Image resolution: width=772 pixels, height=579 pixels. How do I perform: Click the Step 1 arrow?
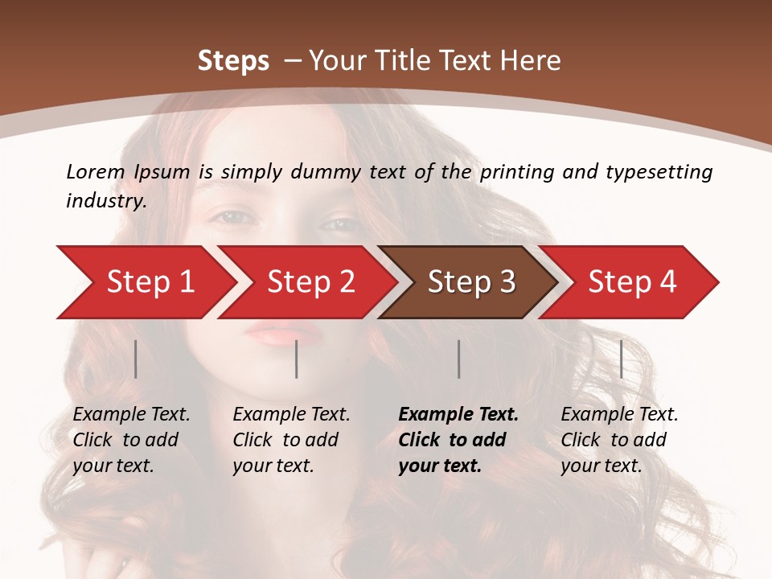click(x=145, y=282)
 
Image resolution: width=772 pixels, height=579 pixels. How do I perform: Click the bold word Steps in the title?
click(x=233, y=61)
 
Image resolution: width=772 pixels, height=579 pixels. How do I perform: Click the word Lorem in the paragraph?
click(x=96, y=171)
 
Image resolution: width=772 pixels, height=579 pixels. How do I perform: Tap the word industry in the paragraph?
click(x=105, y=200)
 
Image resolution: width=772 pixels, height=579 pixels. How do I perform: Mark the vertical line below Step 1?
click(x=136, y=359)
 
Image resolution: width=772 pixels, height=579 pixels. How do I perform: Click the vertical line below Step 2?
click(x=297, y=359)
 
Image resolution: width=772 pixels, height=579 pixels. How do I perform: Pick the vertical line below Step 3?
click(x=458, y=359)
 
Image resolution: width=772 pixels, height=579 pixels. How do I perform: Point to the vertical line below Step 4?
click(x=622, y=359)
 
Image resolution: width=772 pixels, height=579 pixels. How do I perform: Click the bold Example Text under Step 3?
click(x=458, y=415)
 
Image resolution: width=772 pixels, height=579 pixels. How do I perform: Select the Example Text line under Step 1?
click(x=131, y=415)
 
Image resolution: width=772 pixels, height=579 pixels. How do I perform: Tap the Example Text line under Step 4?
click(x=619, y=415)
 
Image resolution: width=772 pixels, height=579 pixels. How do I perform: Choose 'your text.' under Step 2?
click(x=273, y=466)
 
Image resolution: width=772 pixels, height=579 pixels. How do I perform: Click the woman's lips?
click(x=273, y=331)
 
